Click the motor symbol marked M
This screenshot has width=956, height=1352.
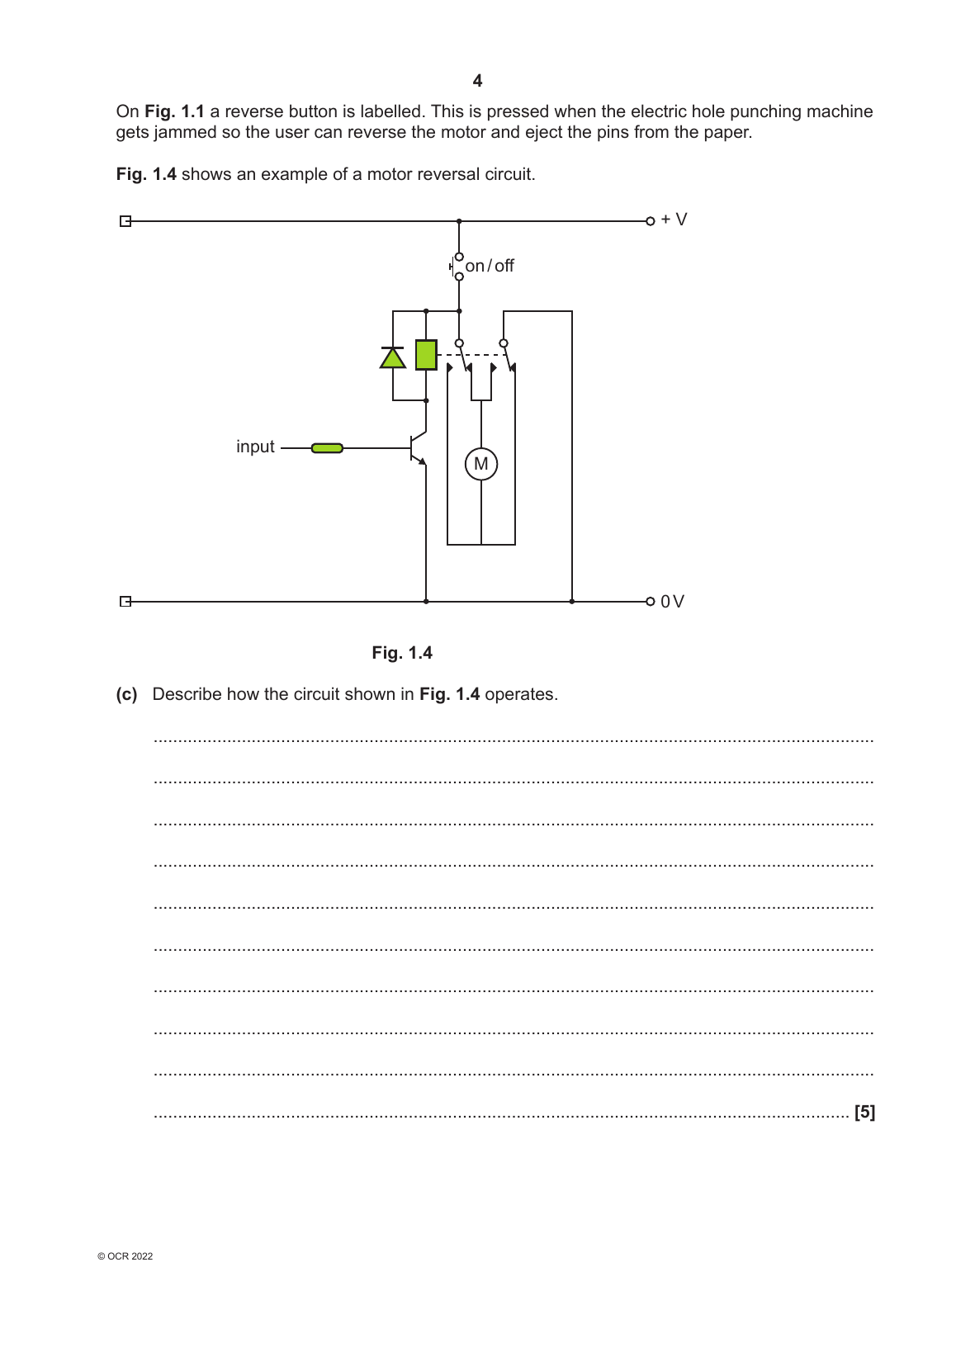pyautogui.click(x=481, y=464)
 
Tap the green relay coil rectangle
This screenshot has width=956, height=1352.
pyautogui.click(x=426, y=355)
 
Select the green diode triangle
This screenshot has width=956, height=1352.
pyautogui.click(x=393, y=358)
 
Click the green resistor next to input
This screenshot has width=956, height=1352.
pyautogui.click(x=327, y=448)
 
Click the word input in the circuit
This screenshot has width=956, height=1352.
pyautogui.click(x=255, y=447)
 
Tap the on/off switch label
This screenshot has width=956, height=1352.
pyautogui.click(x=490, y=266)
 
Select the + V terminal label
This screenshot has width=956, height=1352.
pyautogui.click(x=674, y=220)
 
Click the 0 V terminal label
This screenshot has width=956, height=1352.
pyautogui.click(x=672, y=602)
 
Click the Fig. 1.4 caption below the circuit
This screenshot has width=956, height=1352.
pyautogui.click(x=402, y=653)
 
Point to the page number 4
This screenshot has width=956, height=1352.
pyautogui.click(x=477, y=81)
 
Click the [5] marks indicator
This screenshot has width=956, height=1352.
pyautogui.click(x=864, y=1112)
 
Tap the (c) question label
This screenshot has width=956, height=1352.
pyautogui.click(x=126, y=694)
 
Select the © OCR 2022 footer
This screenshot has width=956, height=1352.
pyautogui.click(x=125, y=1256)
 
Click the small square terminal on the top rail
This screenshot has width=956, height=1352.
pyautogui.click(x=125, y=221)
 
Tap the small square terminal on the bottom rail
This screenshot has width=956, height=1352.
pyautogui.click(x=125, y=602)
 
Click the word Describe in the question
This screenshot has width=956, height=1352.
pyautogui.click(x=187, y=694)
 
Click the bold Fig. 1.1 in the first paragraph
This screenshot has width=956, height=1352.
pyautogui.click(x=174, y=111)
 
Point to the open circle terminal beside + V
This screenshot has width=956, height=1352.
pyautogui.click(x=651, y=221)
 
